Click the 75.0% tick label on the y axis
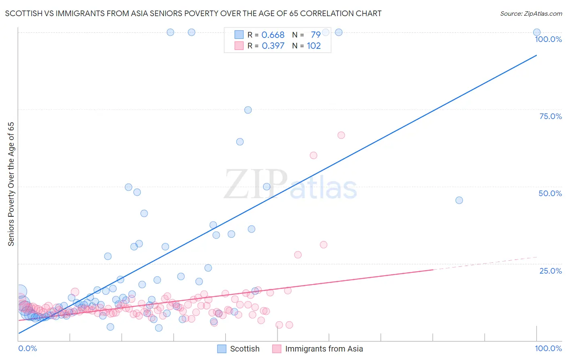pyautogui.click(x=550, y=116)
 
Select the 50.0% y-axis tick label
pyautogui.click(x=550, y=193)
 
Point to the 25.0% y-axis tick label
pyautogui.click(x=550, y=271)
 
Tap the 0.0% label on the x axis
pyautogui.click(x=27, y=348)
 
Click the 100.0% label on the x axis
pyautogui.click(x=548, y=348)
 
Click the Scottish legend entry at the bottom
pyautogui.click(x=244, y=349)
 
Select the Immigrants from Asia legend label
pyautogui.click(x=324, y=349)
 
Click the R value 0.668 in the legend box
pyautogui.click(x=273, y=35)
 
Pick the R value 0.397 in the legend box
pyautogui.click(x=273, y=46)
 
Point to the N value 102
pyautogui.click(x=314, y=46)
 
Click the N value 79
pyautogui.click(x=315, y=35)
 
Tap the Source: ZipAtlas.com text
pyautogui.click(x=531, y=13)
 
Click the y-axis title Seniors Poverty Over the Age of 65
pyautogui.click(x=11, y=184)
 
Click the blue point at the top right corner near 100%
pyautogui.click(x=536, y=32)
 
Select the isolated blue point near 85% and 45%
pyautogui.click(x=459, y=200)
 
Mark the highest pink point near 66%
pyautogui.click(x=341, y=135)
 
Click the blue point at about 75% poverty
pyautogui.click(x=248, y=110)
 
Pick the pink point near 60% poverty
pyautogui.click(x=313, y=155)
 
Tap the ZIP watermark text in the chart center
pyautogui.click(x=255, y=184)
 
